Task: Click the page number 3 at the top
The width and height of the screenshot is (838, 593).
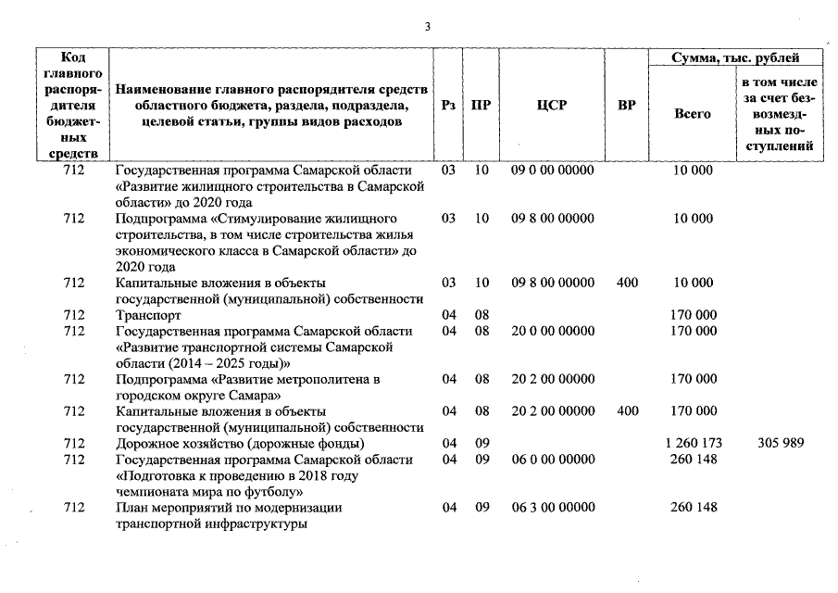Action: (x=427, y=27)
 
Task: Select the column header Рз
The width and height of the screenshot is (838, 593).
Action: (x=448, y=106)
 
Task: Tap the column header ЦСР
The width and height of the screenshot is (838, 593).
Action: (x=552, y=106)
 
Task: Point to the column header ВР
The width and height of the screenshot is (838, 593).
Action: (x=627, y=106)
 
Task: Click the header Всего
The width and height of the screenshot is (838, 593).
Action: (x=693, y=114)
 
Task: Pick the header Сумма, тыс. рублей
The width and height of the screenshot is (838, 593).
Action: (x=736, y=58)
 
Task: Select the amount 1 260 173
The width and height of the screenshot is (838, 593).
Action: (x=693, y=443)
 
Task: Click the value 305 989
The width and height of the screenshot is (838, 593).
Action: (x=780, y=443)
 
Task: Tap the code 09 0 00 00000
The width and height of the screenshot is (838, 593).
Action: (x=552, y=170)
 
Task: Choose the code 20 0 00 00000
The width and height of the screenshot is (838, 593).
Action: (x=552, y=331)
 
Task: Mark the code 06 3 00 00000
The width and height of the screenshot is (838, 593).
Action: (x=552, y=507)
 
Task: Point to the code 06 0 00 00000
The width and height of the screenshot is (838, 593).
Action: (x=552, y=460)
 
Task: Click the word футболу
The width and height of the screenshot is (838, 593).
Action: (x=267, y=491)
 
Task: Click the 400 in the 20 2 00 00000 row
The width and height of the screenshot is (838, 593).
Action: (x=627, y=410)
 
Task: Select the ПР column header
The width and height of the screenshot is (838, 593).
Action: (x=481, y=106)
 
